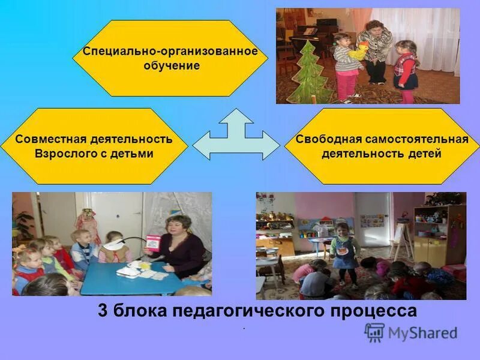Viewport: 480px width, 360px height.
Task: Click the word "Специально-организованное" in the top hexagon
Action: point(170,52)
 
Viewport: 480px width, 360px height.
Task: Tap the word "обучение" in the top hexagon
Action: point(171,65)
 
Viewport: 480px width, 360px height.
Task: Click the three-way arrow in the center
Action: point(236,141)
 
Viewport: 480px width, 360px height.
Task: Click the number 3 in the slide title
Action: point(103,311)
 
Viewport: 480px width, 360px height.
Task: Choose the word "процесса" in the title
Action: point(383,311)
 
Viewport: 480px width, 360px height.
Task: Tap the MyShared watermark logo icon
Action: point(375,332)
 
